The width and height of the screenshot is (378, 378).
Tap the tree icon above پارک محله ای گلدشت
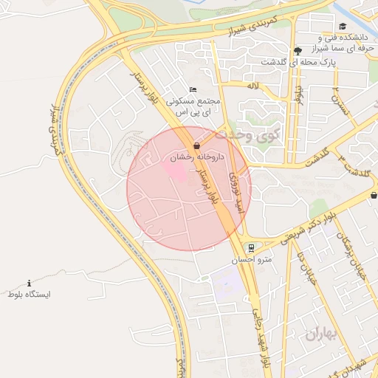[297, 51]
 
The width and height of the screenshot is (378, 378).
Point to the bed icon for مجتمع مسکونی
[193, 89]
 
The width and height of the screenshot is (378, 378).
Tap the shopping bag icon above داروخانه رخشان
[196, 145]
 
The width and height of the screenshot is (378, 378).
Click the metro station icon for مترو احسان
[252, 247]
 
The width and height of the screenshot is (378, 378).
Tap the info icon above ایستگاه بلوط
[30, 283]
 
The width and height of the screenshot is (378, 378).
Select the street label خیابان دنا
[302, 266]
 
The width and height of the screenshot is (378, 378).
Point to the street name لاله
[253, 86]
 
